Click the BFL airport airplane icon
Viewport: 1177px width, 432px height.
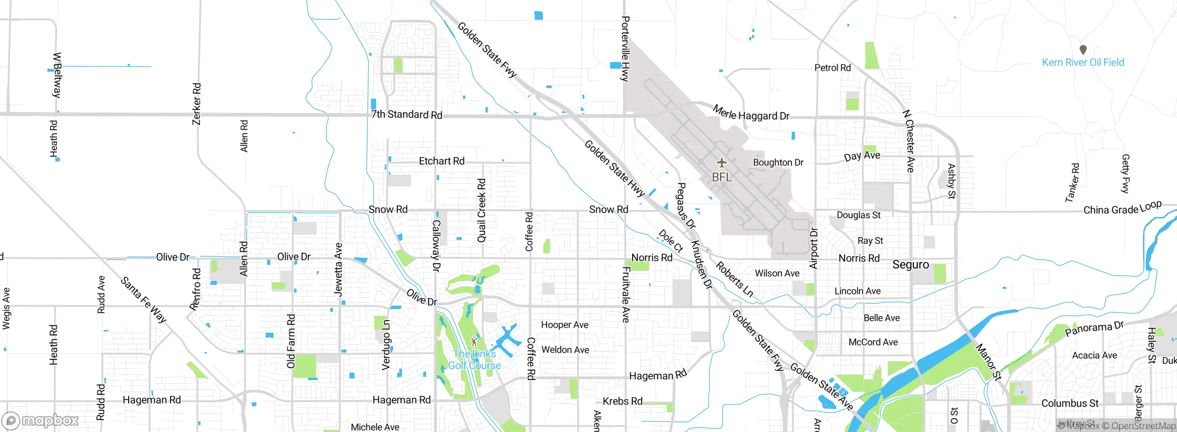(x=722, y=163)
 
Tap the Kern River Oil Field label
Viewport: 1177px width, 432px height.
(x=1083, y=63)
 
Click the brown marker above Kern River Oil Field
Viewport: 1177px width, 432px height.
(x=1083, y=49)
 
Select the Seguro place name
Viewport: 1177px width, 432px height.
(x=910, y=265)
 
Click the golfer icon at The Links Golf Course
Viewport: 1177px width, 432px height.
(x=474, y=342)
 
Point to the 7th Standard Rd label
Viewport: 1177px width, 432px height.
(x=406, y=114)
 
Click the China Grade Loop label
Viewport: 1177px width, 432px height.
(x=1122, y=208)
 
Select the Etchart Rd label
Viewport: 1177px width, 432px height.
(x=441, y=161)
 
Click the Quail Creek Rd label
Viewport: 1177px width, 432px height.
(x=481, y=210)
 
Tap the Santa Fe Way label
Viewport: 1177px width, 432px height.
(x=143, y=300)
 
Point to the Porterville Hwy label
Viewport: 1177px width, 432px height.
(x=625, y=49)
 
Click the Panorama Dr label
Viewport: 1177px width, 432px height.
(x=1094, y=328)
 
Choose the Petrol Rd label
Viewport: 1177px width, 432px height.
(x=832, y=68)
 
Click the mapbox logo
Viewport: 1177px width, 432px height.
(x=40, y=420)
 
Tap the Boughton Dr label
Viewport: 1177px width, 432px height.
(x=778, y=163)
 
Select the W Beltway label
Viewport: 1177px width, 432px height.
(x=57, y=75)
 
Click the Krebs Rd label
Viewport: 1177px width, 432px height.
(x=623, y=401)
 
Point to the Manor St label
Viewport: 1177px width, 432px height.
(x=988, y=362)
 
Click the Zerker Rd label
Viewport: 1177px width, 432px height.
(x=196, y=104)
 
